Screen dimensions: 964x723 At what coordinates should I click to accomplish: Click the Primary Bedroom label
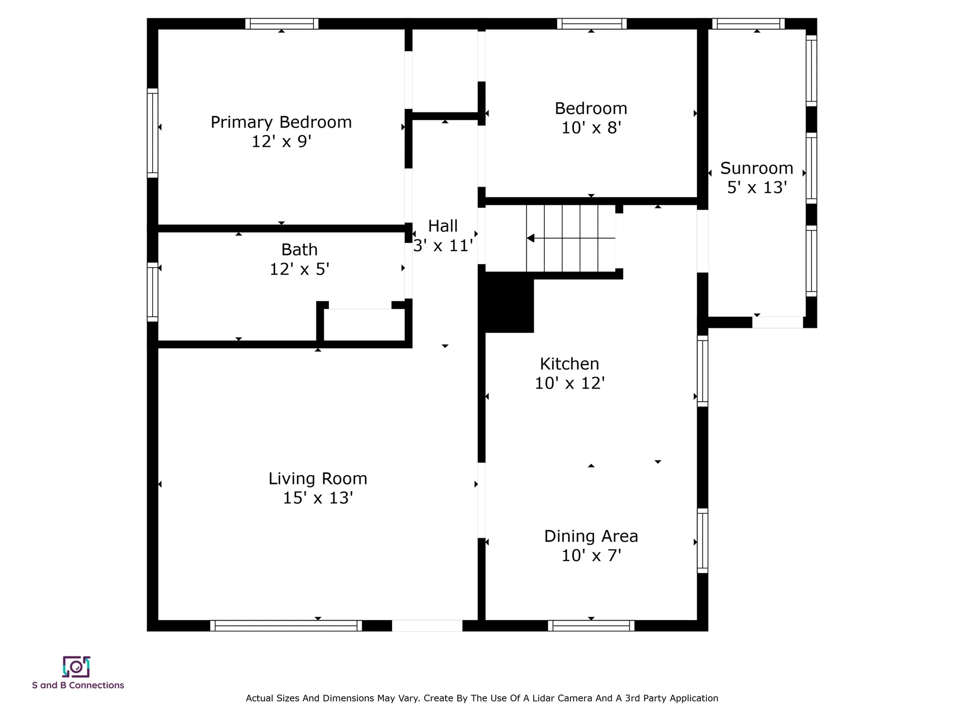(281, 122)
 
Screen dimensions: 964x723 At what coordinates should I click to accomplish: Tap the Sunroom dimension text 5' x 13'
(757, 187)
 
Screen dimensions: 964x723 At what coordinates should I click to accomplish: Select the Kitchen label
(569, 364)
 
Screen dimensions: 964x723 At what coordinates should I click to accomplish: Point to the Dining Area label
(591, 536)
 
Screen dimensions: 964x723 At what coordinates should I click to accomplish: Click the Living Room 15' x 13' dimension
(318, 498)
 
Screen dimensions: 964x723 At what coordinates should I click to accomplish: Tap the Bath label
(299, 250)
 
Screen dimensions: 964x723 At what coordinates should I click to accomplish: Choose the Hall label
(443, 226)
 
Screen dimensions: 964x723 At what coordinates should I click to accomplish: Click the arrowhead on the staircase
(530, 238)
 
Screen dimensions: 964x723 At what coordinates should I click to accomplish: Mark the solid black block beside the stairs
(507, 302)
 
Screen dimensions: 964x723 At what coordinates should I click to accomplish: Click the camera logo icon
(76, 667)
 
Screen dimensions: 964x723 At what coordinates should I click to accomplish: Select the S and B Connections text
(78, 685)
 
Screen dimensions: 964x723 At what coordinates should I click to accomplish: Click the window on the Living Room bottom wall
(286, 626)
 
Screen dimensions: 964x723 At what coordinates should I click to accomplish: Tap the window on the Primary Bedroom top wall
(282, 24)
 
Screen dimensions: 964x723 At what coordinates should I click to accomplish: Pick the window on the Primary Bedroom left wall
(153, 133)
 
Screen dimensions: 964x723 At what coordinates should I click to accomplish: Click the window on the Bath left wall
(153, 292)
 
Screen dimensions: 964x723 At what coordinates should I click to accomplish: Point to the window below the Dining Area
(591, 626)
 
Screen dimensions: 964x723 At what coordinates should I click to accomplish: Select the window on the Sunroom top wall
(748, 24)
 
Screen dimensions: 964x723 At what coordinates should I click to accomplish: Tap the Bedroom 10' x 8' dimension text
(591, 128)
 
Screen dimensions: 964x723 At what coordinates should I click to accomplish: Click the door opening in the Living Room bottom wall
(427, 626)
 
